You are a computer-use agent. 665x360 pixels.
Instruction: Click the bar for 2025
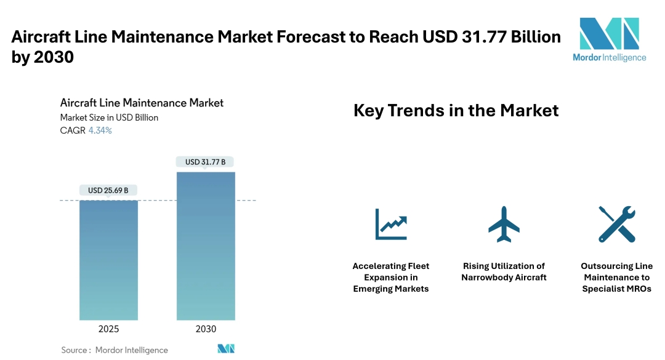(x=108, y=260)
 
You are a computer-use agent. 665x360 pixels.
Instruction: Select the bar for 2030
(x=206, y=246)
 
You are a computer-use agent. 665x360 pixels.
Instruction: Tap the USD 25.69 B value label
(x=108, y=190)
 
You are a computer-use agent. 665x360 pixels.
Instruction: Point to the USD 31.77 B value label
(x=206, y=162)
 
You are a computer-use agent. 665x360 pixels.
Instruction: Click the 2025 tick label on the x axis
(x=108, y=329)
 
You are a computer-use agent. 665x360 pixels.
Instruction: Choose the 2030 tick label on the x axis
(x=206, y=329)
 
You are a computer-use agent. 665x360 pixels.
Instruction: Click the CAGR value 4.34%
(x=100, y=130)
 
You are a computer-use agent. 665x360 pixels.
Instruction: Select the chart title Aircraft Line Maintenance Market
(x=142, y=103)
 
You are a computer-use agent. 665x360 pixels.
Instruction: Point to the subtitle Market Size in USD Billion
(x=109, y=118)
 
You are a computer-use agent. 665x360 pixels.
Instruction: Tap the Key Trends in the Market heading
(x=456, y=111)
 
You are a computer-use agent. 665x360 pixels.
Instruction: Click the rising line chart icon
(x=391, y=224)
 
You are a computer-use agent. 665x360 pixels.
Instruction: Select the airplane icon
(x=504, y=224)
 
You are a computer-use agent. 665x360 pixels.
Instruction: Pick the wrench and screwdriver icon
(x=616, y=224)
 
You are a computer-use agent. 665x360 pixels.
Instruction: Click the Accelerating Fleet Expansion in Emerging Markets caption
(x=391, y=278)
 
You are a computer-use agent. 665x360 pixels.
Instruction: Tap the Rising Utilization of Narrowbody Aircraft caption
(x=504, y=271)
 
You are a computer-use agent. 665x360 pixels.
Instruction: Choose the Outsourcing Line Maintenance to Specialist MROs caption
(x=616, y=278)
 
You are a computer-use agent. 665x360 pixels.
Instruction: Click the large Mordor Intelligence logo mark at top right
(x=609, y=34)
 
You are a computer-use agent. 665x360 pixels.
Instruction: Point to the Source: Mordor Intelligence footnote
(x=115, y=350)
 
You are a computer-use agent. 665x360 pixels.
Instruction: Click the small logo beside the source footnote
(x=227, y=349)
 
